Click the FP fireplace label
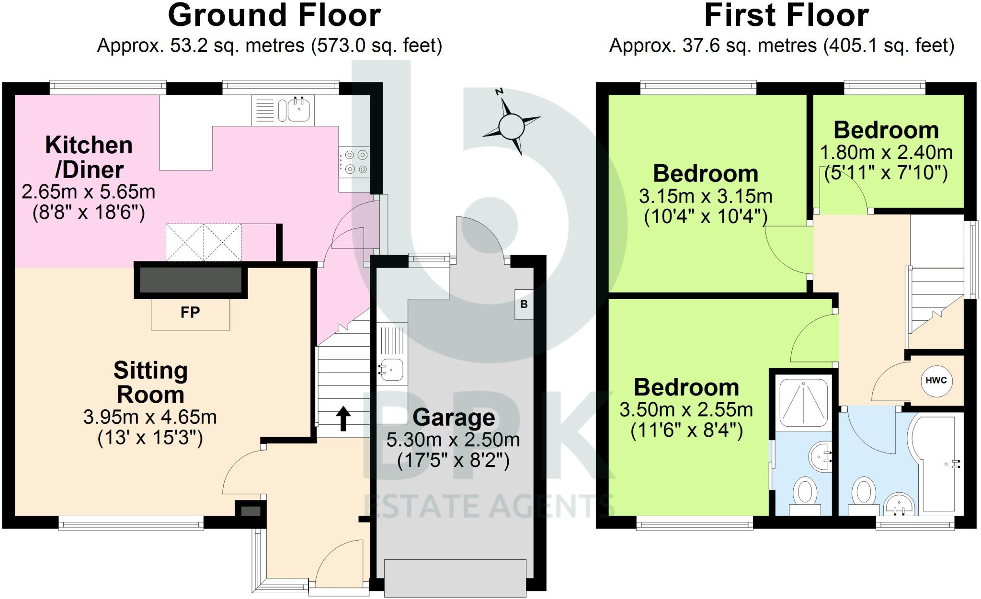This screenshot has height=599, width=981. [x=190, y=313]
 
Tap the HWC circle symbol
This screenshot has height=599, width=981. [x=936, y=381]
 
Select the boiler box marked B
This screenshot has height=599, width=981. [x=524, y=304]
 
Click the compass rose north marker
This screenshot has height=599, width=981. [x=500, y=91]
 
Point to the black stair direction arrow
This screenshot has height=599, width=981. [x=343, y=418]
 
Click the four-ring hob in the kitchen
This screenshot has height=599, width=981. [x=355, y=162]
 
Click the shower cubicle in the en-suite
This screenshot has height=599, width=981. [x=803, y=402]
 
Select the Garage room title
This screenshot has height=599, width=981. [x=454, y=418]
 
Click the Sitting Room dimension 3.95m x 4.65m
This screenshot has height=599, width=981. [x=150, y=418]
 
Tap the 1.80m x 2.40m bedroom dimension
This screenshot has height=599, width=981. [x=886, y=153]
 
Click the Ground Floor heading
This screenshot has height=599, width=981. [x=274, y=15]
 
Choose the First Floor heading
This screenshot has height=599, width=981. [x=787, y=15]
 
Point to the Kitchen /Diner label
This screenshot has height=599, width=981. [x=89, y=157]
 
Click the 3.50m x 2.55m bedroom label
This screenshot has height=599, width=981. [x=686, y=410]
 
